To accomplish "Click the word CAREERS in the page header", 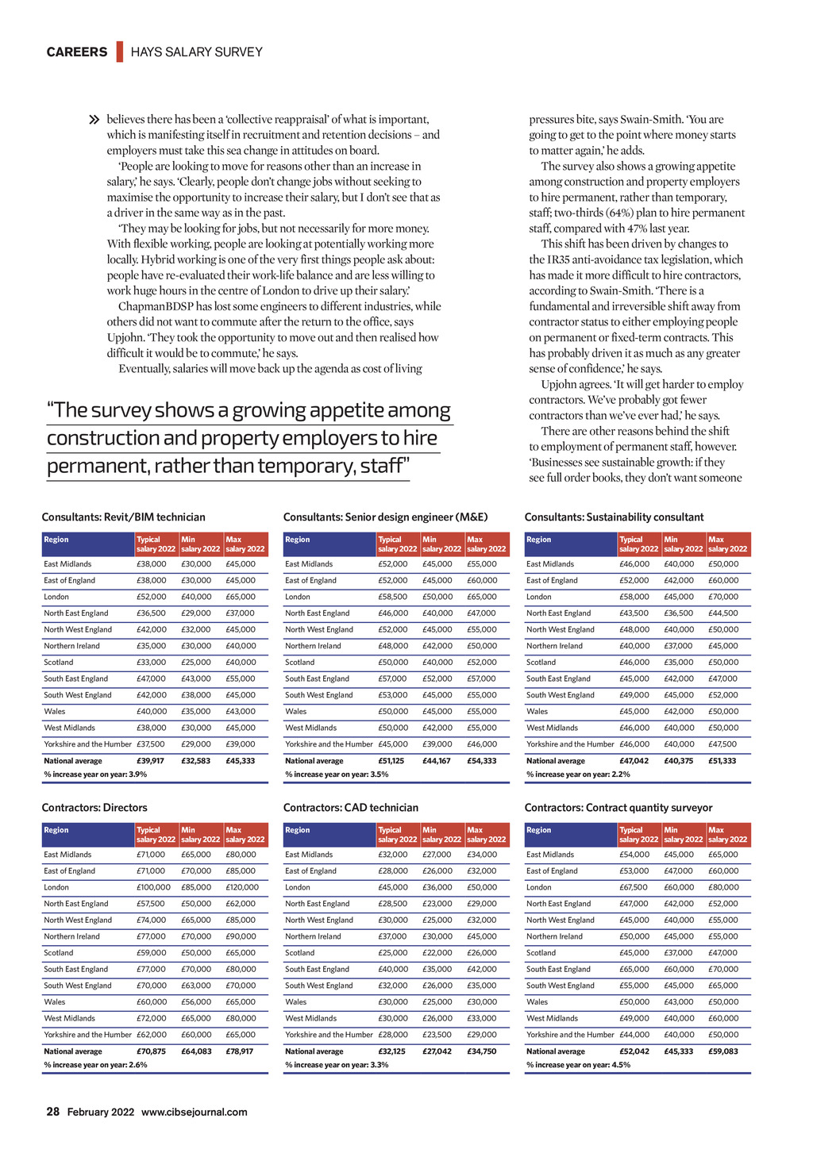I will coord(77,52).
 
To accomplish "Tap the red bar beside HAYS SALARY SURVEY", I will coord(120,52).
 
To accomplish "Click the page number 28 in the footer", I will coord(53,1112).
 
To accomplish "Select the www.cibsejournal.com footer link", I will coord(194,1112).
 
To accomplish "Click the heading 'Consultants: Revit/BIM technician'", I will coord(123,517).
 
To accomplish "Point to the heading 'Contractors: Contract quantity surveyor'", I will coord(618,808).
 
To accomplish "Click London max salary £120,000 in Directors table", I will coord(242,887).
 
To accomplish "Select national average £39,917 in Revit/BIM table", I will coord(151,761).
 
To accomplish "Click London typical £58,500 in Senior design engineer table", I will coord(393,597).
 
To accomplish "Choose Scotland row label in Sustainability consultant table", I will coord(541,663).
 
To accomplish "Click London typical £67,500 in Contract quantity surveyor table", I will coord(634,887).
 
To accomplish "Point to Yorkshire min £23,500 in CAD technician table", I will coord(437,1035).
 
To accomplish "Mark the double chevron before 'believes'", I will coord(95,121).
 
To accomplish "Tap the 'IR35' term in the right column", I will coord(556,259).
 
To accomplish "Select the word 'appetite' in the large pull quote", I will coord(357,410).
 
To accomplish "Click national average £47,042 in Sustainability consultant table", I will coord(634,761).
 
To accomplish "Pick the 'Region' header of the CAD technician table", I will coord(297,830).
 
